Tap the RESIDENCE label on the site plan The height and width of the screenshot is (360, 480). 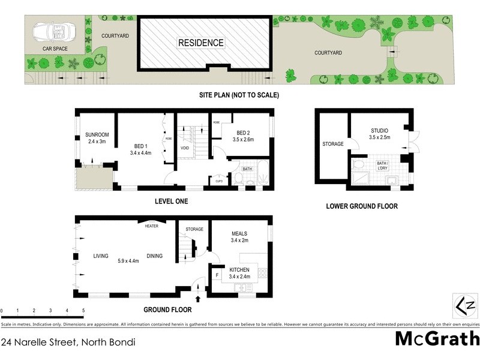pos(200,43)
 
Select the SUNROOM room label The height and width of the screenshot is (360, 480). pos(96,134)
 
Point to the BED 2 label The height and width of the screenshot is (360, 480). pos(243,132)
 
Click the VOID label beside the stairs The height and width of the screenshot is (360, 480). pos(185,148)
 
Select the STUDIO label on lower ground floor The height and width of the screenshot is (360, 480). pos(379,130)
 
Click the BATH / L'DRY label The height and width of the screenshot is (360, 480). pos(382,166)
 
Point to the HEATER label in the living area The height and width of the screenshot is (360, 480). pos(151,226)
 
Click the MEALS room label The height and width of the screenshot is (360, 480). pos(239,233)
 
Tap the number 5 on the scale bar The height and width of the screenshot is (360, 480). pos(83,311)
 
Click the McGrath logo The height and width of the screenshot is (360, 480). pos(436,340)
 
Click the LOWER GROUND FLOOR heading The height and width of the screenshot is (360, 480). pos(361,206)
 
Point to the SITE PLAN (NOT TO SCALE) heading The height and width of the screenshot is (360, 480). pos(239,95)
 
